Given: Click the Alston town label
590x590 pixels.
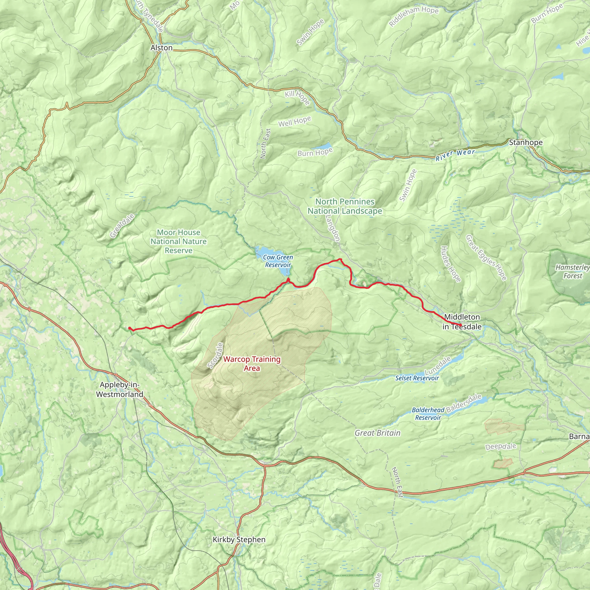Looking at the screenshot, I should tap(161, 48).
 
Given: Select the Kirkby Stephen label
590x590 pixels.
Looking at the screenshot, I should tap(239, 540).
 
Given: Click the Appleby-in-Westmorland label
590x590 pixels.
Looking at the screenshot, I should tap(119, 389).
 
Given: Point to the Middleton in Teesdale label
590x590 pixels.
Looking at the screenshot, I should tap(462, 322).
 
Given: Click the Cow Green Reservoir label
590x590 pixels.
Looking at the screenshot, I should tap(278, 261).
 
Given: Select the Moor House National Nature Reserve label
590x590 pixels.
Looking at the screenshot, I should tap(179, 241).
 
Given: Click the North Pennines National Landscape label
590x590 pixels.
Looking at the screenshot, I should tap(345, 206).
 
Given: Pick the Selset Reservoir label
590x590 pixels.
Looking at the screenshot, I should tap(417, 378).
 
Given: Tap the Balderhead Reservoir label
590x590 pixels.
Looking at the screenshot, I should tap(428, 414).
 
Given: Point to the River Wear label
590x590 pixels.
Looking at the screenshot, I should tap(455, 155).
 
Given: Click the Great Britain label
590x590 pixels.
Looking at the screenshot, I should tap(377, 433).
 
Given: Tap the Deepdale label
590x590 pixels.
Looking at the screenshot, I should tap(501, 447).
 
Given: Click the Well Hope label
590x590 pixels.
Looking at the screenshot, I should tap(294, 122).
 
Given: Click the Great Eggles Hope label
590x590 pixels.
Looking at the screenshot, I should tap(486, 258).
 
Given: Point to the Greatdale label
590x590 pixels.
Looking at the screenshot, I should tap(122, 226).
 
